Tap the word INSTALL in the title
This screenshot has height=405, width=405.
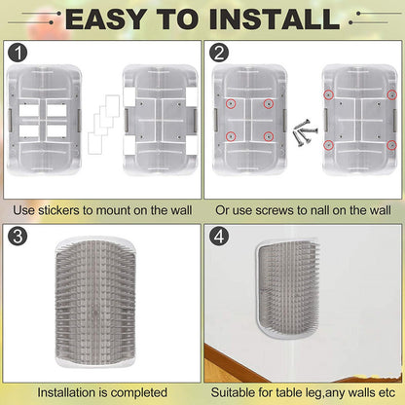275,19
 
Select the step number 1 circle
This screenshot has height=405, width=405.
18,53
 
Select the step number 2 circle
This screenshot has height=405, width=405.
219,53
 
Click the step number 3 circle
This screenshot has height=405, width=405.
18,236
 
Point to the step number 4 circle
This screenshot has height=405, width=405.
219,236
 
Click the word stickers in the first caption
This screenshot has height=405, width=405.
59,210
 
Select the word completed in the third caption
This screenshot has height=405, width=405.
139,392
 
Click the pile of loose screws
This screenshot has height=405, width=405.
305,132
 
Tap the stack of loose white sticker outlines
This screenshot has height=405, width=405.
103,125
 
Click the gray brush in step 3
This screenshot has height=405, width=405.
95,303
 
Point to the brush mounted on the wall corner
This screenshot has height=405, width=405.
287,289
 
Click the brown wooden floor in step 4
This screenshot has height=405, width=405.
227,367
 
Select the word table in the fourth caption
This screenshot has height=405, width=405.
288,392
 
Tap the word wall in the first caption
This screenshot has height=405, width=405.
181,210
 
